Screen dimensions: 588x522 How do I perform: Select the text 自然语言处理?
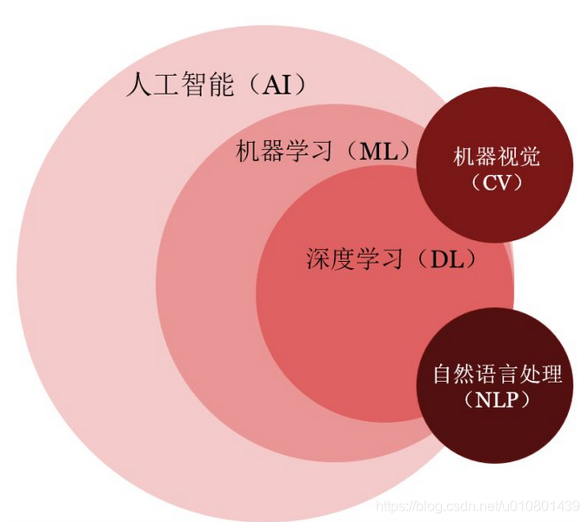498,375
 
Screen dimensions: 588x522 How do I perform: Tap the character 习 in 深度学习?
391,258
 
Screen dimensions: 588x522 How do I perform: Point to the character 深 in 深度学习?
317,258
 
